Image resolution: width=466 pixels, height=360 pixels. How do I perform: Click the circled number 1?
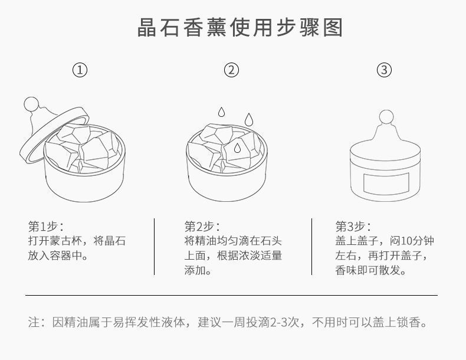(80, 70)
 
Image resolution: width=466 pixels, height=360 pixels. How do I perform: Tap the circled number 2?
(232, 70)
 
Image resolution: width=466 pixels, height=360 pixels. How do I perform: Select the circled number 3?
(384, 70)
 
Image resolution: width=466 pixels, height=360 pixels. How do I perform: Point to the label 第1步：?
(46, 226)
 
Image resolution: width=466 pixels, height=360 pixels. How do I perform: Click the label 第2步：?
(202, 226)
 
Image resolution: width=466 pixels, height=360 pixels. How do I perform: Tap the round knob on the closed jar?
(386, 116)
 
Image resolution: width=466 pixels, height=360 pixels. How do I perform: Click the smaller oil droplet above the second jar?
(221, 111)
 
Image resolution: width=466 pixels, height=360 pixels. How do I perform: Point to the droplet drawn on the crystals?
(237, 147)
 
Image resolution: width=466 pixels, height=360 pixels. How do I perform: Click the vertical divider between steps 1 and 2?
(155, 246)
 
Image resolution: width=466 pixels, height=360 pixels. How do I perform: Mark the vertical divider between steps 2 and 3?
(311, 246)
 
